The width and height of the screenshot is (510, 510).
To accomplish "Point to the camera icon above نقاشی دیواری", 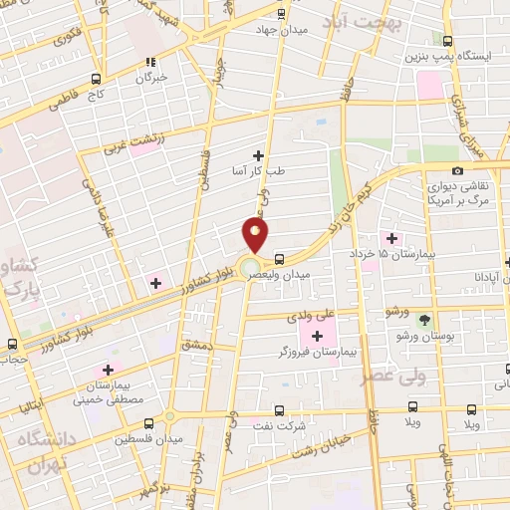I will click(457, 171).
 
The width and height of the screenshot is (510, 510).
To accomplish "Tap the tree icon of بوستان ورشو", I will click(426, 321).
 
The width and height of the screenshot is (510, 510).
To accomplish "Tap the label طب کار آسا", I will click(259, 170).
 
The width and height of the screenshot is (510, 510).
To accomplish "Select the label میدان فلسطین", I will click(145, 439).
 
